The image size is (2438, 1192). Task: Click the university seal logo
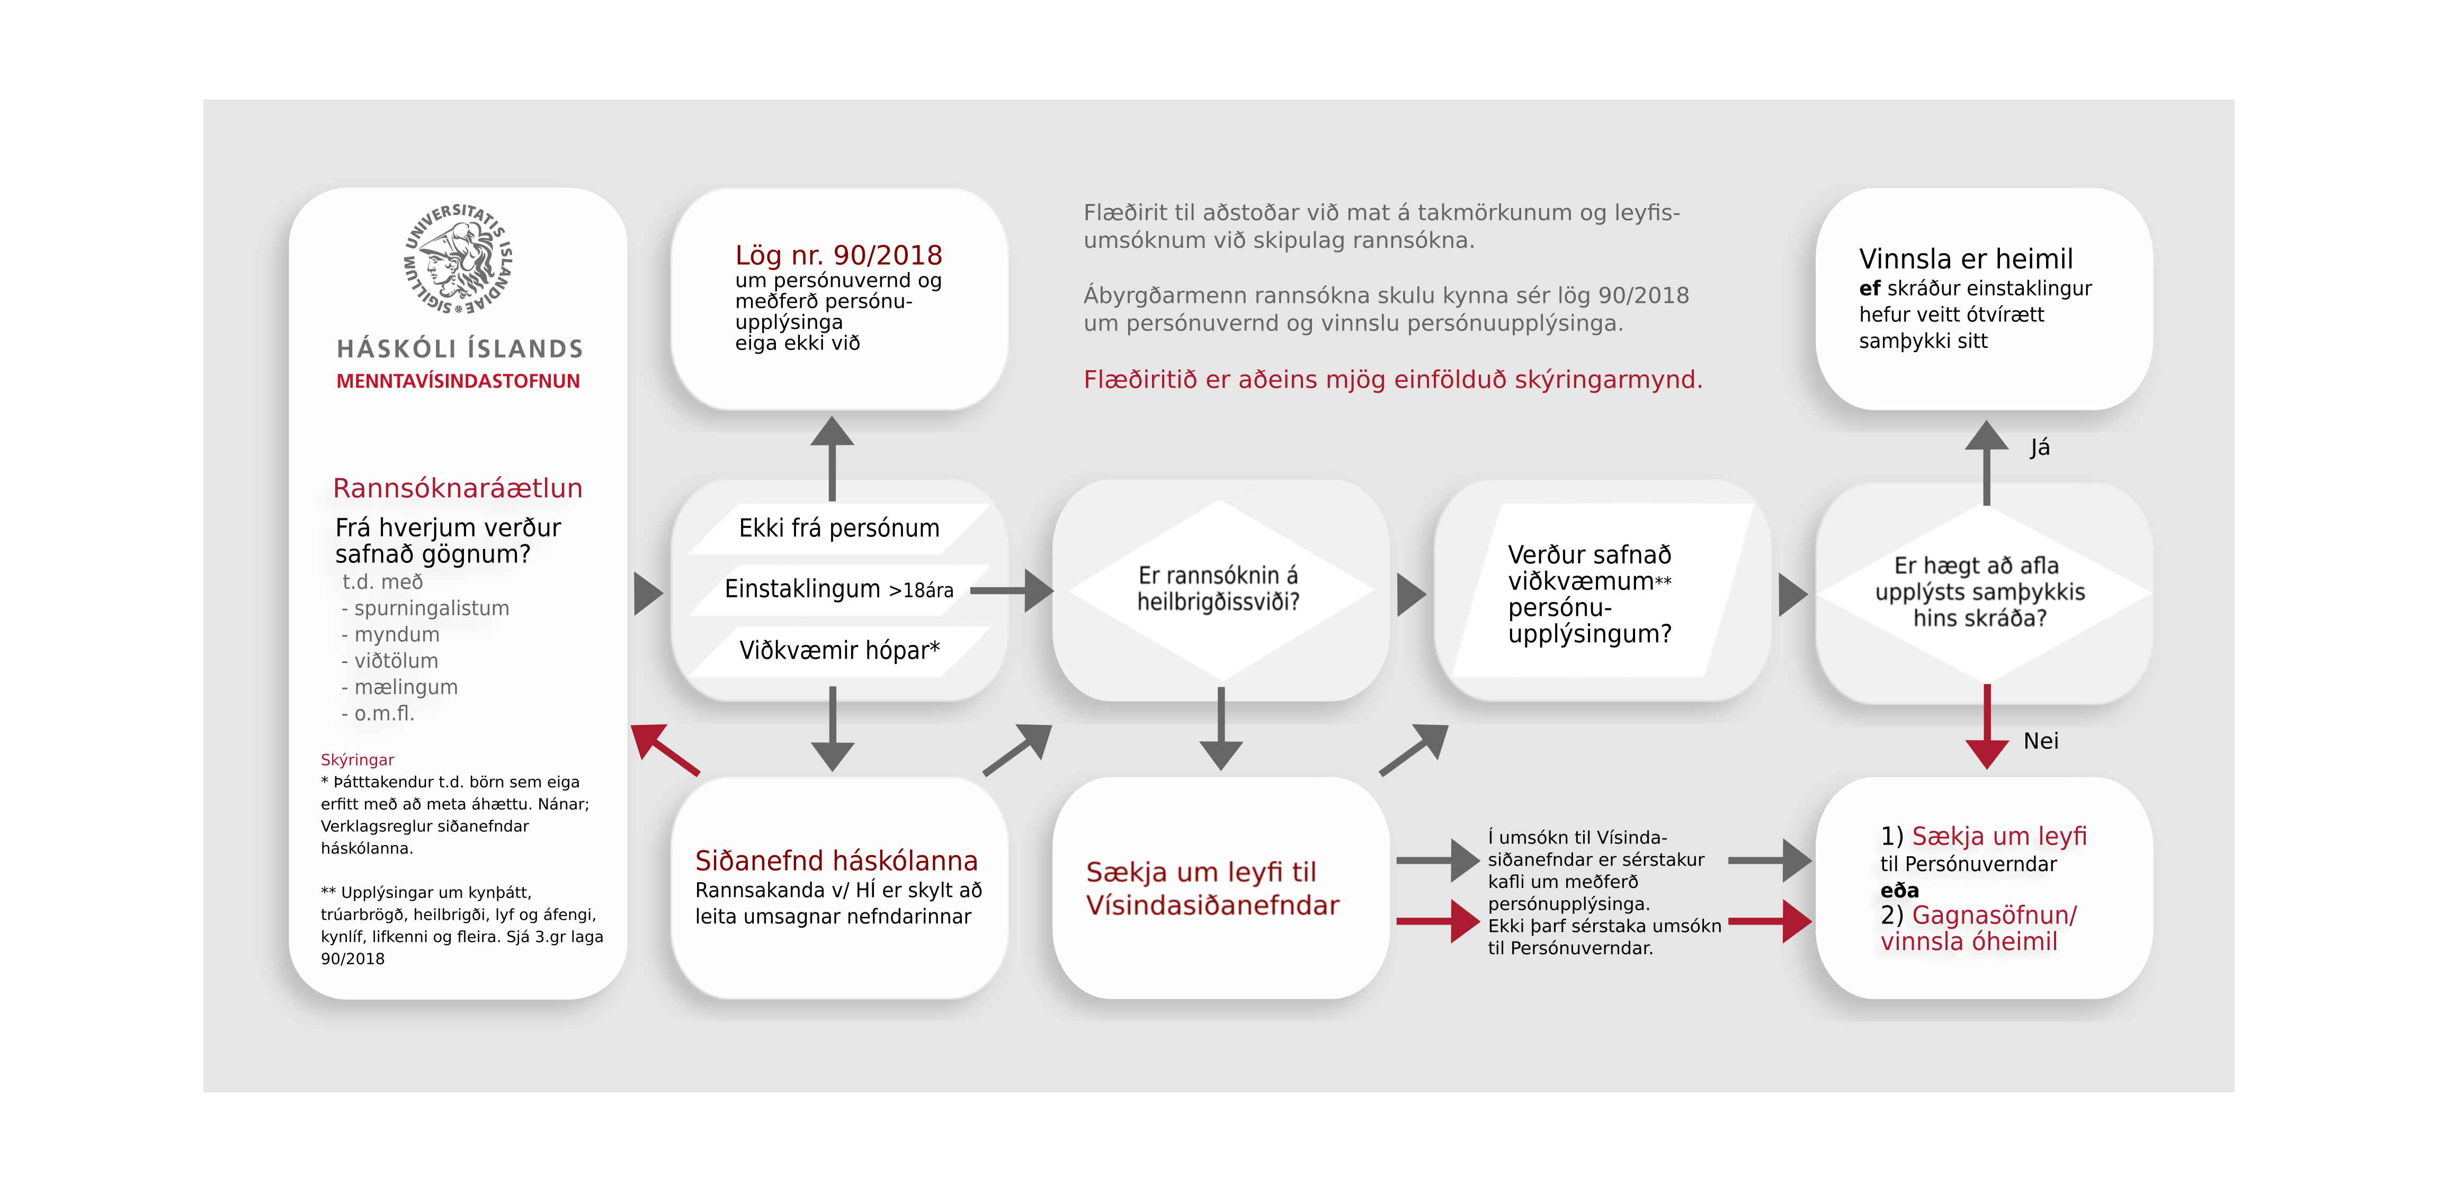click(458, 258)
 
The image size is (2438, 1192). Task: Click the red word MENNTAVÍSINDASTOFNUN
click(458, 381)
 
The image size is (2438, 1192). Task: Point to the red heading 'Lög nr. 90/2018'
click(838, 255)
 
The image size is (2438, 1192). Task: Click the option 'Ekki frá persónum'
click(838, 528)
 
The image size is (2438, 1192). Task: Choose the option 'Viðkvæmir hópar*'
click(838, 651)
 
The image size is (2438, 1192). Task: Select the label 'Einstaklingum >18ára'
click(838, 589)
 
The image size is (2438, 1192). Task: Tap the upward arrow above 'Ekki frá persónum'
click(833, 458)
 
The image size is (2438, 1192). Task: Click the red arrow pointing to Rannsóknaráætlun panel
click(665, 749)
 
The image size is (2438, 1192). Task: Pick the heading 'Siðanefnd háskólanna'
click(836, 861)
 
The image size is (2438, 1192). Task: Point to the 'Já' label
click(2040, 447)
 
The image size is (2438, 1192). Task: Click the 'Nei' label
click(2041, 741)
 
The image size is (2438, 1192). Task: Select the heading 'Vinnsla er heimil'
click(1965, 259)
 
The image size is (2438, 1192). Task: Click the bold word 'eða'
click(1899, 890)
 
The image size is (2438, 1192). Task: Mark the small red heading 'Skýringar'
click(357, 760)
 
